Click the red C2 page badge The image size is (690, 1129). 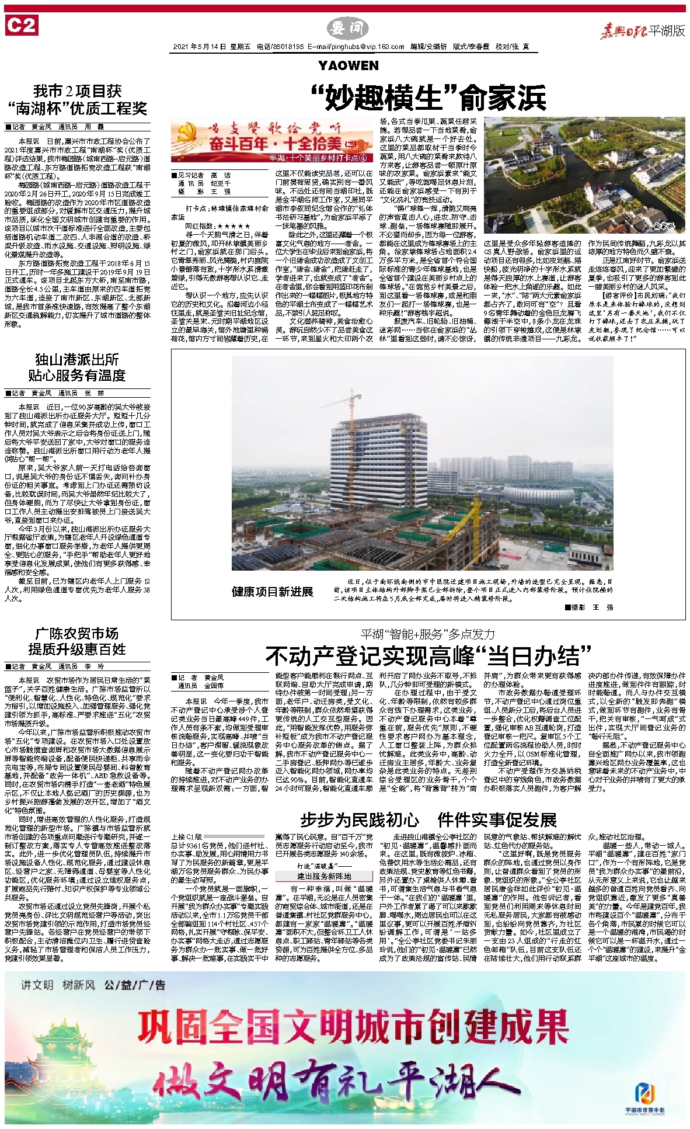(21, 26)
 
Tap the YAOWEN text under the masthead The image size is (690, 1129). (349, 65)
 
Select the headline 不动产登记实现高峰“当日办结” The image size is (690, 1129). (428, 656)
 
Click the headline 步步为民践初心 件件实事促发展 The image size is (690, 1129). (428, 820)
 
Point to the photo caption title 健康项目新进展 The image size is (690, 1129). (272, 592)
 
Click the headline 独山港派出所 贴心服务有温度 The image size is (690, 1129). (76, 367)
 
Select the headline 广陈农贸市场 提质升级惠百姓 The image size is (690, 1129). (76, 641)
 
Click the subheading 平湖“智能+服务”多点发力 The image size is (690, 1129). (428, 634)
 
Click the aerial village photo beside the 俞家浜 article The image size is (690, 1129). (584, 176)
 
